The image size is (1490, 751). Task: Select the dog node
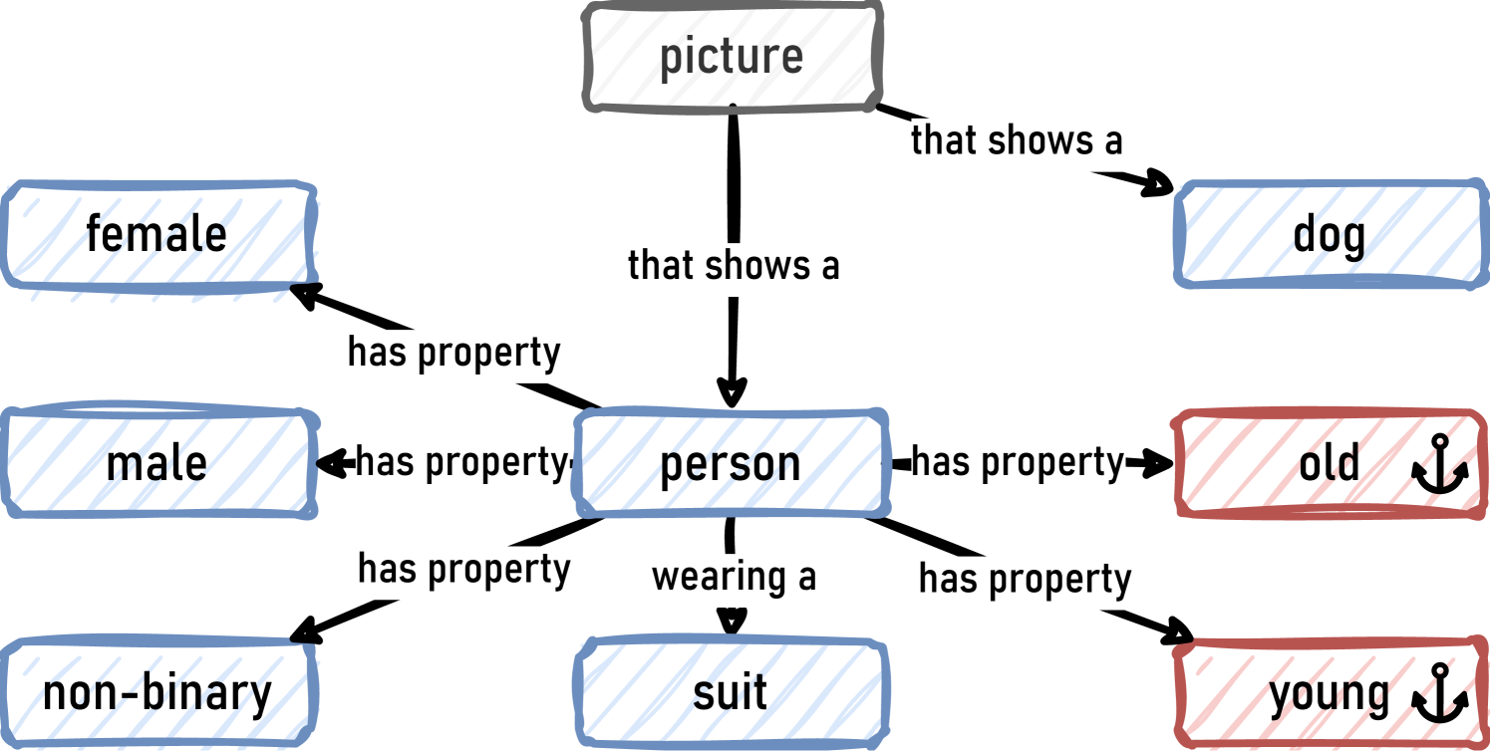click(1329, 235)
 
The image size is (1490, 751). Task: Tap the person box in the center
click(731, 464)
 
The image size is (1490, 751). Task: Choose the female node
click(157, 235)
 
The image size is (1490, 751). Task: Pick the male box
click(157, 464)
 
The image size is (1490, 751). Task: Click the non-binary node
click(157, 693)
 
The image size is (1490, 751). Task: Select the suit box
click(731, 693)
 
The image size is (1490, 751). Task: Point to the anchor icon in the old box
click(1440, 464)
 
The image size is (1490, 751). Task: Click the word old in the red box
click(1329, 464)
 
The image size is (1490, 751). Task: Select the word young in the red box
click(1329, 694)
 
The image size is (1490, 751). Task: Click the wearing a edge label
click(734, 577)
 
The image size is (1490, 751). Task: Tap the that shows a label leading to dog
click(1017, 140)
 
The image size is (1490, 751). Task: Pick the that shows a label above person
click(734, 266)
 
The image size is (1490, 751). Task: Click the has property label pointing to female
click(454, 353)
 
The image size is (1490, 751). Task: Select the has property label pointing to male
click(460, 462)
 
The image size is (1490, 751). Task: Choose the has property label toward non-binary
click(464, 570)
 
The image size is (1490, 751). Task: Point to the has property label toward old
click(1018, 462)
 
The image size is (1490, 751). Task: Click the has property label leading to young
click(1025, 579)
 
